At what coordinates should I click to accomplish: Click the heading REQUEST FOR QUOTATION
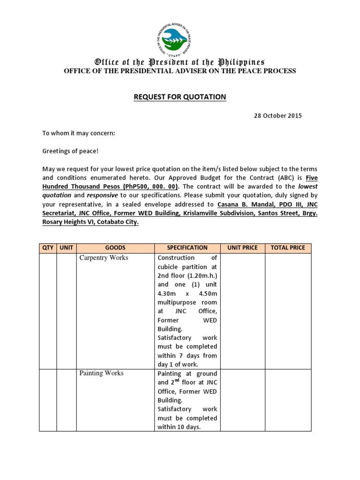click(x=180, y=97)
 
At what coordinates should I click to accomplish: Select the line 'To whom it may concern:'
click(x=79, y=134)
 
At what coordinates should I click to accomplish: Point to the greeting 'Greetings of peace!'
click(x=71, y=151)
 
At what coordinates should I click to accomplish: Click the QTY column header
click(x=48, y=248)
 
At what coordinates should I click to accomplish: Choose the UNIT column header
click(x=67, y=248)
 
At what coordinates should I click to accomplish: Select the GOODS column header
click(x=115, y=248)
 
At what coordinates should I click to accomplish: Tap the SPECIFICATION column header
click(x=187, y=248)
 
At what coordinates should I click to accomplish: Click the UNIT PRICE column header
click(x=242, y=248)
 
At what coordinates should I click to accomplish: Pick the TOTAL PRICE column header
click(x=288, y=248)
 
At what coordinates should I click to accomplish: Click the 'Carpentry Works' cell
click(x=104, y=258)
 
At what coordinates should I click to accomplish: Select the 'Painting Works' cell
click(x=102, y=373)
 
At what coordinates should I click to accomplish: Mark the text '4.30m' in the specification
click(x=167, y=293)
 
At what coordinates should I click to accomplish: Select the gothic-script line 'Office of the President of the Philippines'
click(x=180, y=62)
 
